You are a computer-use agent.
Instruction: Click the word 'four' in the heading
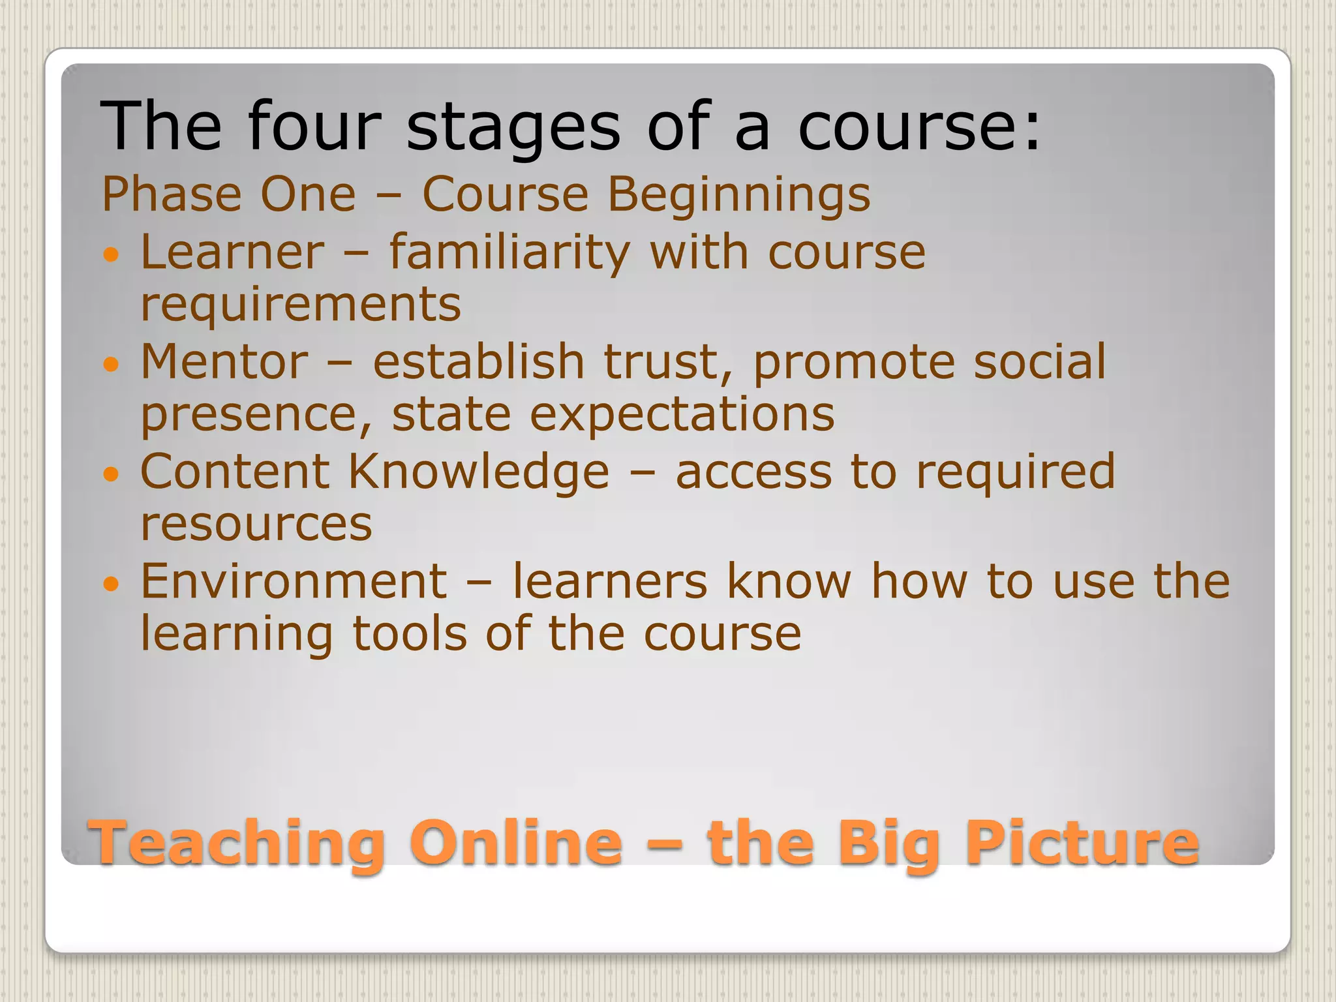click(314, 125)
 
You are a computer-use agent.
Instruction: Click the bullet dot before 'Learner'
click(112, 254)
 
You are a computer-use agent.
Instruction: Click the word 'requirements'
click(301, 305)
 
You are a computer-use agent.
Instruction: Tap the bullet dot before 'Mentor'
click(112, 363)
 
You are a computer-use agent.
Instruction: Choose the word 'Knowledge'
click(478, 473)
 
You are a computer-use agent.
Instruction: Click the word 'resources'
click(256, 524)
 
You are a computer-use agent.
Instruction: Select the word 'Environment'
click(294, 581)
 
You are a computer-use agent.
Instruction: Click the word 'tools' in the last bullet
click(410, 633)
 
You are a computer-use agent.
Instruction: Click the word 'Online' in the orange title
click(515, 843)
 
